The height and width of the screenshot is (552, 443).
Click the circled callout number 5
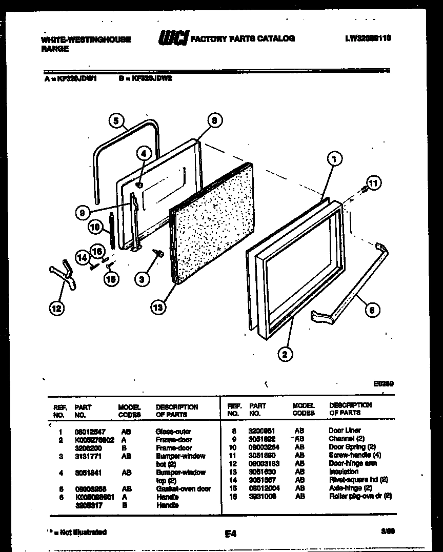[116, 121]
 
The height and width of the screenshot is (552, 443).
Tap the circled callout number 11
[374, 183]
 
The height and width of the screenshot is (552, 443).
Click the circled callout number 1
[334, 159]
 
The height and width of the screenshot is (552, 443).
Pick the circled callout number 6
[373, 309]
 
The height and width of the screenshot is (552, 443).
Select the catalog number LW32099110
[368, 38]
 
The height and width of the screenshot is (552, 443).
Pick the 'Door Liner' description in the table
[345, 431]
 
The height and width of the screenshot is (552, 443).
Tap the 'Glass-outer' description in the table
[173, 432]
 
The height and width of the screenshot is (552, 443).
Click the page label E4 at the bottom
[230, 534]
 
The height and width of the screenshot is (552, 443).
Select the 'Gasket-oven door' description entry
[183, 489]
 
